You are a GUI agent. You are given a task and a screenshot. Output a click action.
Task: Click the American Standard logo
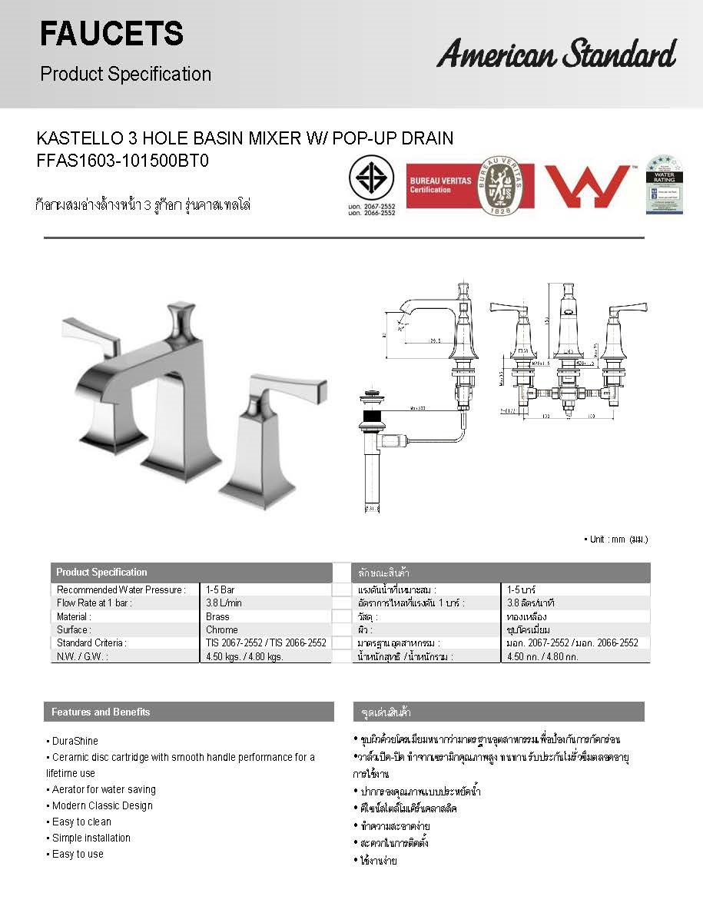tap(556, 55)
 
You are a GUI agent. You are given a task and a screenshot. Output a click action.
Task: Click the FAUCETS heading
tap(111, 34)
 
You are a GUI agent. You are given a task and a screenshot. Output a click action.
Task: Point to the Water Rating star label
tap(664, 185)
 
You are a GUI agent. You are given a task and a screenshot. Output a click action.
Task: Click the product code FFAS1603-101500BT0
tap(123, 161)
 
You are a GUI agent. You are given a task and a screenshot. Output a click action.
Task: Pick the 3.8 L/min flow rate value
tap(224, 603)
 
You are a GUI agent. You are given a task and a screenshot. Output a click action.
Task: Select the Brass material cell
tap(217, 616)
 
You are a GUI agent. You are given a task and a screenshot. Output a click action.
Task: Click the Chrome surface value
tap(221, 629)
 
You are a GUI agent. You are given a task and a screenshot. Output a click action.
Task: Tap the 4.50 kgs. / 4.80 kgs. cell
tap(244, 656)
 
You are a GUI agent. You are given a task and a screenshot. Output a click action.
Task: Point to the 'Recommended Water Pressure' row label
tap(121, 589)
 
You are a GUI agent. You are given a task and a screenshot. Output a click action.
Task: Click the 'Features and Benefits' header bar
tap(188, 712)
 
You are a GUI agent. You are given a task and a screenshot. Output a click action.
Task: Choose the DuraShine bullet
tap(75, 741)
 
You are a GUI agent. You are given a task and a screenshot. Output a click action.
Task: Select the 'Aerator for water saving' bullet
tap(104, 789)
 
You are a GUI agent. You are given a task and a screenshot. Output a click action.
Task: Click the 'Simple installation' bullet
tap(91, 838)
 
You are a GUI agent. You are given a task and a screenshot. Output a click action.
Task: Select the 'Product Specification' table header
tap(101, 573)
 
